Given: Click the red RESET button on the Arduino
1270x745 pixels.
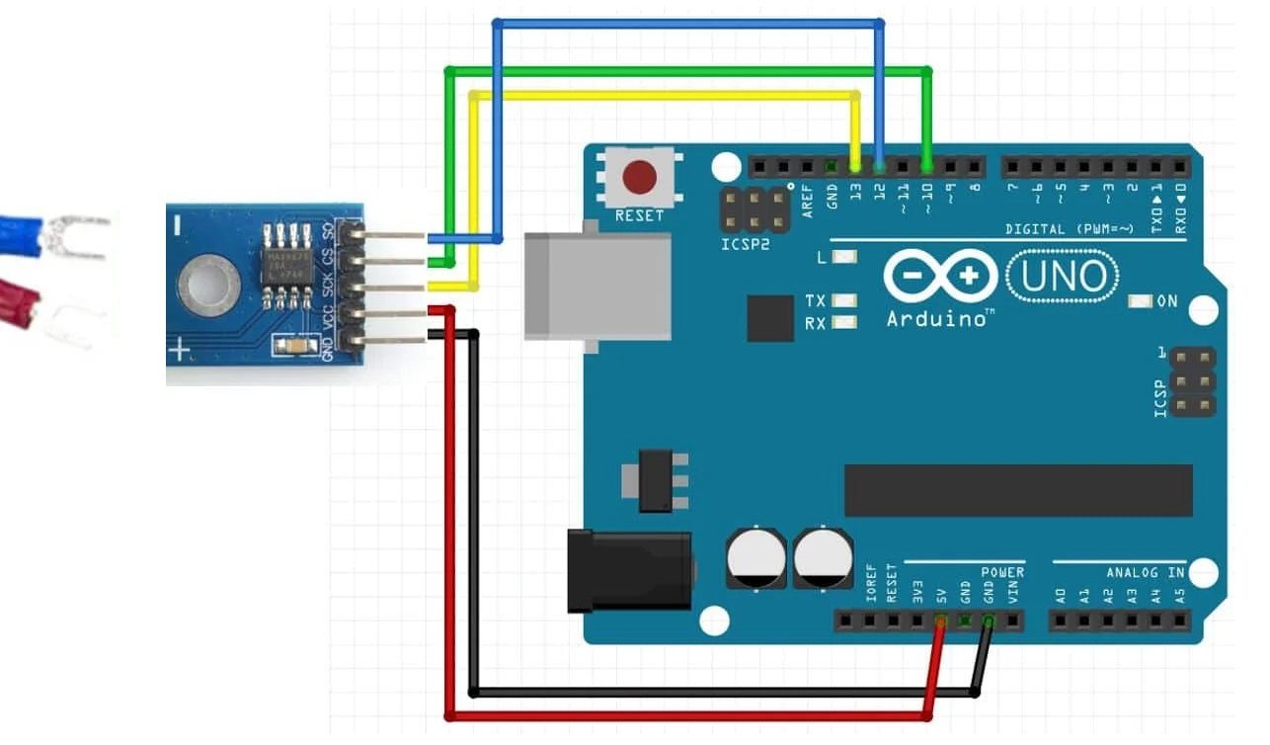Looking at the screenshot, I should [639, 178].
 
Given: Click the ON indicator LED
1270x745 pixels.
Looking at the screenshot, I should [1140, 301].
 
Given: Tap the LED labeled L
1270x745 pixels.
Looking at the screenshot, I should [844, 258].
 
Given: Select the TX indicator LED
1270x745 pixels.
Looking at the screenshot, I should [844, 300].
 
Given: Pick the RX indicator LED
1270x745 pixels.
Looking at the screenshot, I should [844, 322].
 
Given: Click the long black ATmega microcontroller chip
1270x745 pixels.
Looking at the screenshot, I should [1017, 491].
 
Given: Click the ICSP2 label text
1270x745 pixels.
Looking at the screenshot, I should [745, 243].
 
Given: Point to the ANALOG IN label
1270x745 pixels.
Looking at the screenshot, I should [1145, 572].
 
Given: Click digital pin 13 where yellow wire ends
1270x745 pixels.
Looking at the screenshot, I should [855, 166].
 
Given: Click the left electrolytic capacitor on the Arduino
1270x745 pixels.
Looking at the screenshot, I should [756, 558].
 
